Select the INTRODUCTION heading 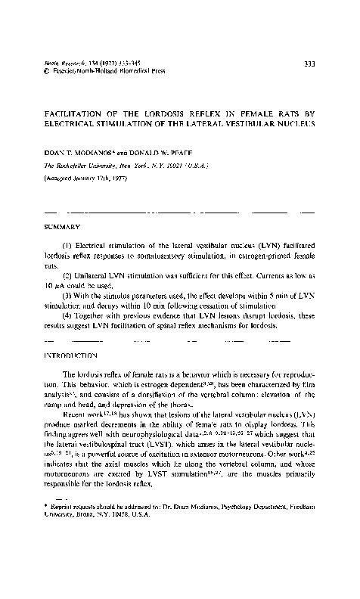coord(76,354)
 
